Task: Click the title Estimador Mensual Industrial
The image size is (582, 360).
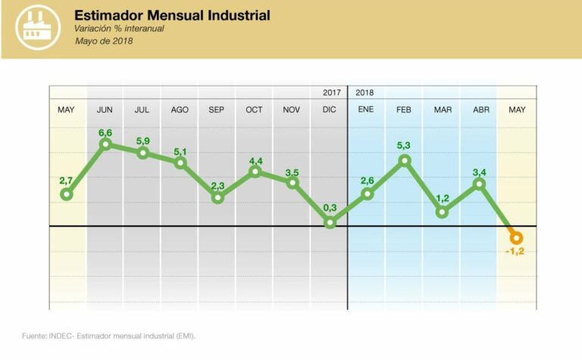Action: (x=172, y=15)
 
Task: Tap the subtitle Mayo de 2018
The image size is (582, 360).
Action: (x=104, y=41)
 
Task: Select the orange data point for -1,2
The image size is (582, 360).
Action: (x=517, y=237)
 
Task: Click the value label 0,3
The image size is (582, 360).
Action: (x=329, y=208)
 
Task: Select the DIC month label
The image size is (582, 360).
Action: (x=329, y=110)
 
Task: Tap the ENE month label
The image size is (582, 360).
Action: (x=366, y=110)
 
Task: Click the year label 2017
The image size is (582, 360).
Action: (x=331, y=92)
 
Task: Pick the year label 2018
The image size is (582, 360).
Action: (x=365, y=92)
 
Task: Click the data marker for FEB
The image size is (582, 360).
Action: (x=404, y=161)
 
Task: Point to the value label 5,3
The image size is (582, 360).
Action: (x=404, y=146)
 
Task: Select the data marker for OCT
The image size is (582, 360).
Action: (x=255, y=171)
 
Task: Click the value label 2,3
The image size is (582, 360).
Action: (x=217, y=185)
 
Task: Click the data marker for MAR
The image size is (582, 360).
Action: (x=442, y=212)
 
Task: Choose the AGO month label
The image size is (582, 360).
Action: (x=180, y=110)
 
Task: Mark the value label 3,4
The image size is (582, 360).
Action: (x=479, y=172)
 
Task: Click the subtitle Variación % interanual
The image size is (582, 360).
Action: (x=119, y=29)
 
